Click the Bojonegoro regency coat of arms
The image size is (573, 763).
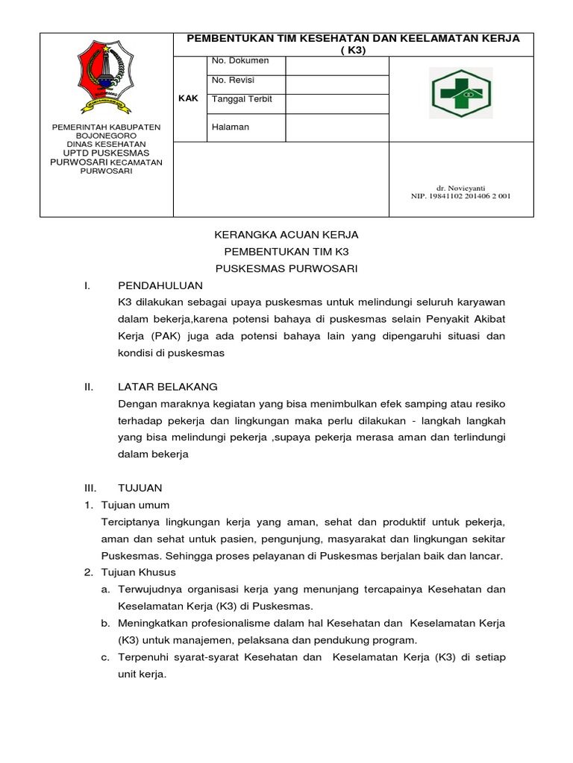point(106,77)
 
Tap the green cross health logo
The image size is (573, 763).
point(461,93)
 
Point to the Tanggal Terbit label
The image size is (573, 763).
point(241,100)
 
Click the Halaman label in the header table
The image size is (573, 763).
point(231,127)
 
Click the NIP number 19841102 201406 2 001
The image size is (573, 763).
point(461,196)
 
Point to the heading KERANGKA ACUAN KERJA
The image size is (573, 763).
point(286,235)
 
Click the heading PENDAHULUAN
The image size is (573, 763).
point(160,285)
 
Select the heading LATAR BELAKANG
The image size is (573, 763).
point(168,387)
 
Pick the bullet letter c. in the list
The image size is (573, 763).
point(106,657)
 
